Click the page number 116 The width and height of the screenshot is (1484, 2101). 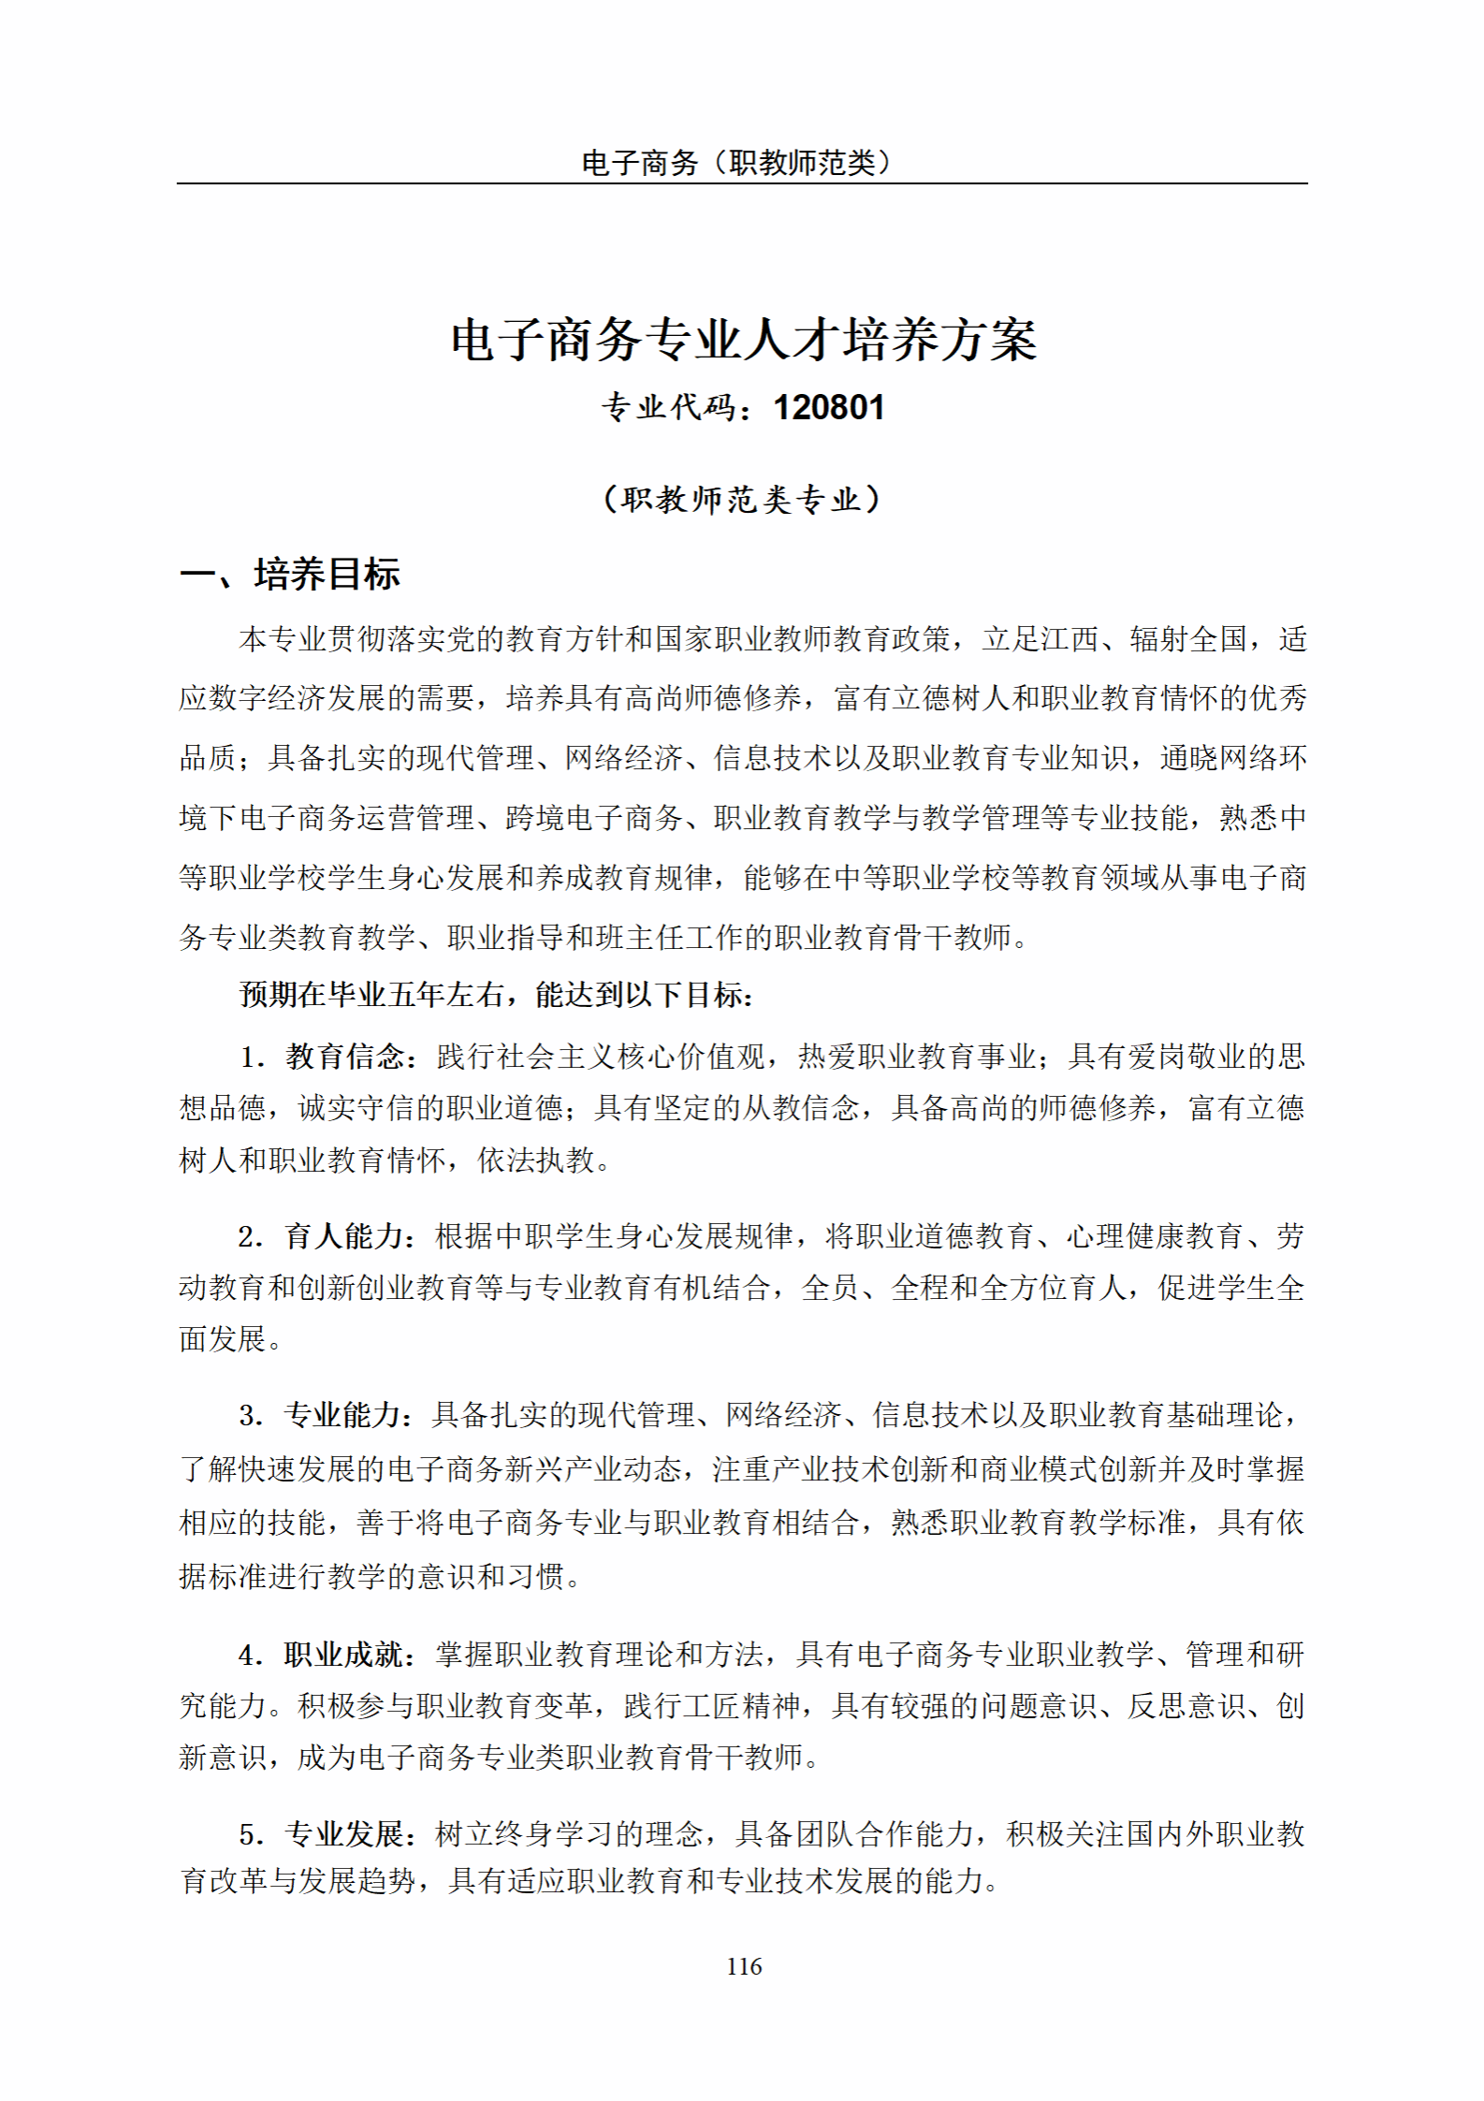tap(744, 1966)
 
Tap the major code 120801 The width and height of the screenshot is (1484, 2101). tap(829, 408)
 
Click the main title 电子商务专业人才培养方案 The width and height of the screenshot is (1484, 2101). tap(744, 340)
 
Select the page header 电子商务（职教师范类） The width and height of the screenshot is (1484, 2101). tap(736, 163)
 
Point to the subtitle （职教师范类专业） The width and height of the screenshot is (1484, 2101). tap(742, 499)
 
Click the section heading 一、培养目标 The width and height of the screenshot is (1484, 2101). tap(290, 574)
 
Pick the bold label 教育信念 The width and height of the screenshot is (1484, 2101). tap(344, 1057)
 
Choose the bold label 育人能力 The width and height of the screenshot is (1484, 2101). tap(343, 1236)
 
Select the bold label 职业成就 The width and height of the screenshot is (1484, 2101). tap(343, 1655)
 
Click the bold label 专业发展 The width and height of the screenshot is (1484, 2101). tap(343, 1833)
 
